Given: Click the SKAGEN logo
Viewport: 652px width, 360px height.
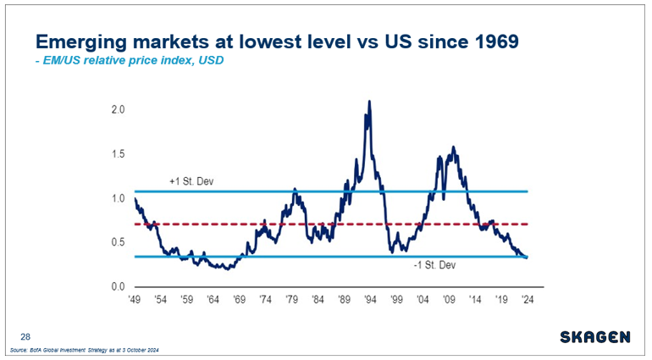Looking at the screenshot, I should (594, 337).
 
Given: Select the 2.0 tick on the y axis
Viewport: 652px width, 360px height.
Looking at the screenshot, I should (118, 110).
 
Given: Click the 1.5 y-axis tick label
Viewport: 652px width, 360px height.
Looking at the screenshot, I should (118, 154).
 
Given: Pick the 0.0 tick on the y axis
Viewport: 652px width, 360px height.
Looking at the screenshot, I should (118, 286).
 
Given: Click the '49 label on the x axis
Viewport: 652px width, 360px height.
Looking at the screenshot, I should (135, 300).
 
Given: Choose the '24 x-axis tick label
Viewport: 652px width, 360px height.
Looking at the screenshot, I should (528, 300).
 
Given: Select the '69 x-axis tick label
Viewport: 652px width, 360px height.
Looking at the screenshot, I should (240, 300).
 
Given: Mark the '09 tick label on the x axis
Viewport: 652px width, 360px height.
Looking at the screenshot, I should (449, 300).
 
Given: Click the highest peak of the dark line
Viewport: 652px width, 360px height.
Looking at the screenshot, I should (369, 102).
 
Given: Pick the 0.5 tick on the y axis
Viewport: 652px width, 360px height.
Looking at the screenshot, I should (118, 242).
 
